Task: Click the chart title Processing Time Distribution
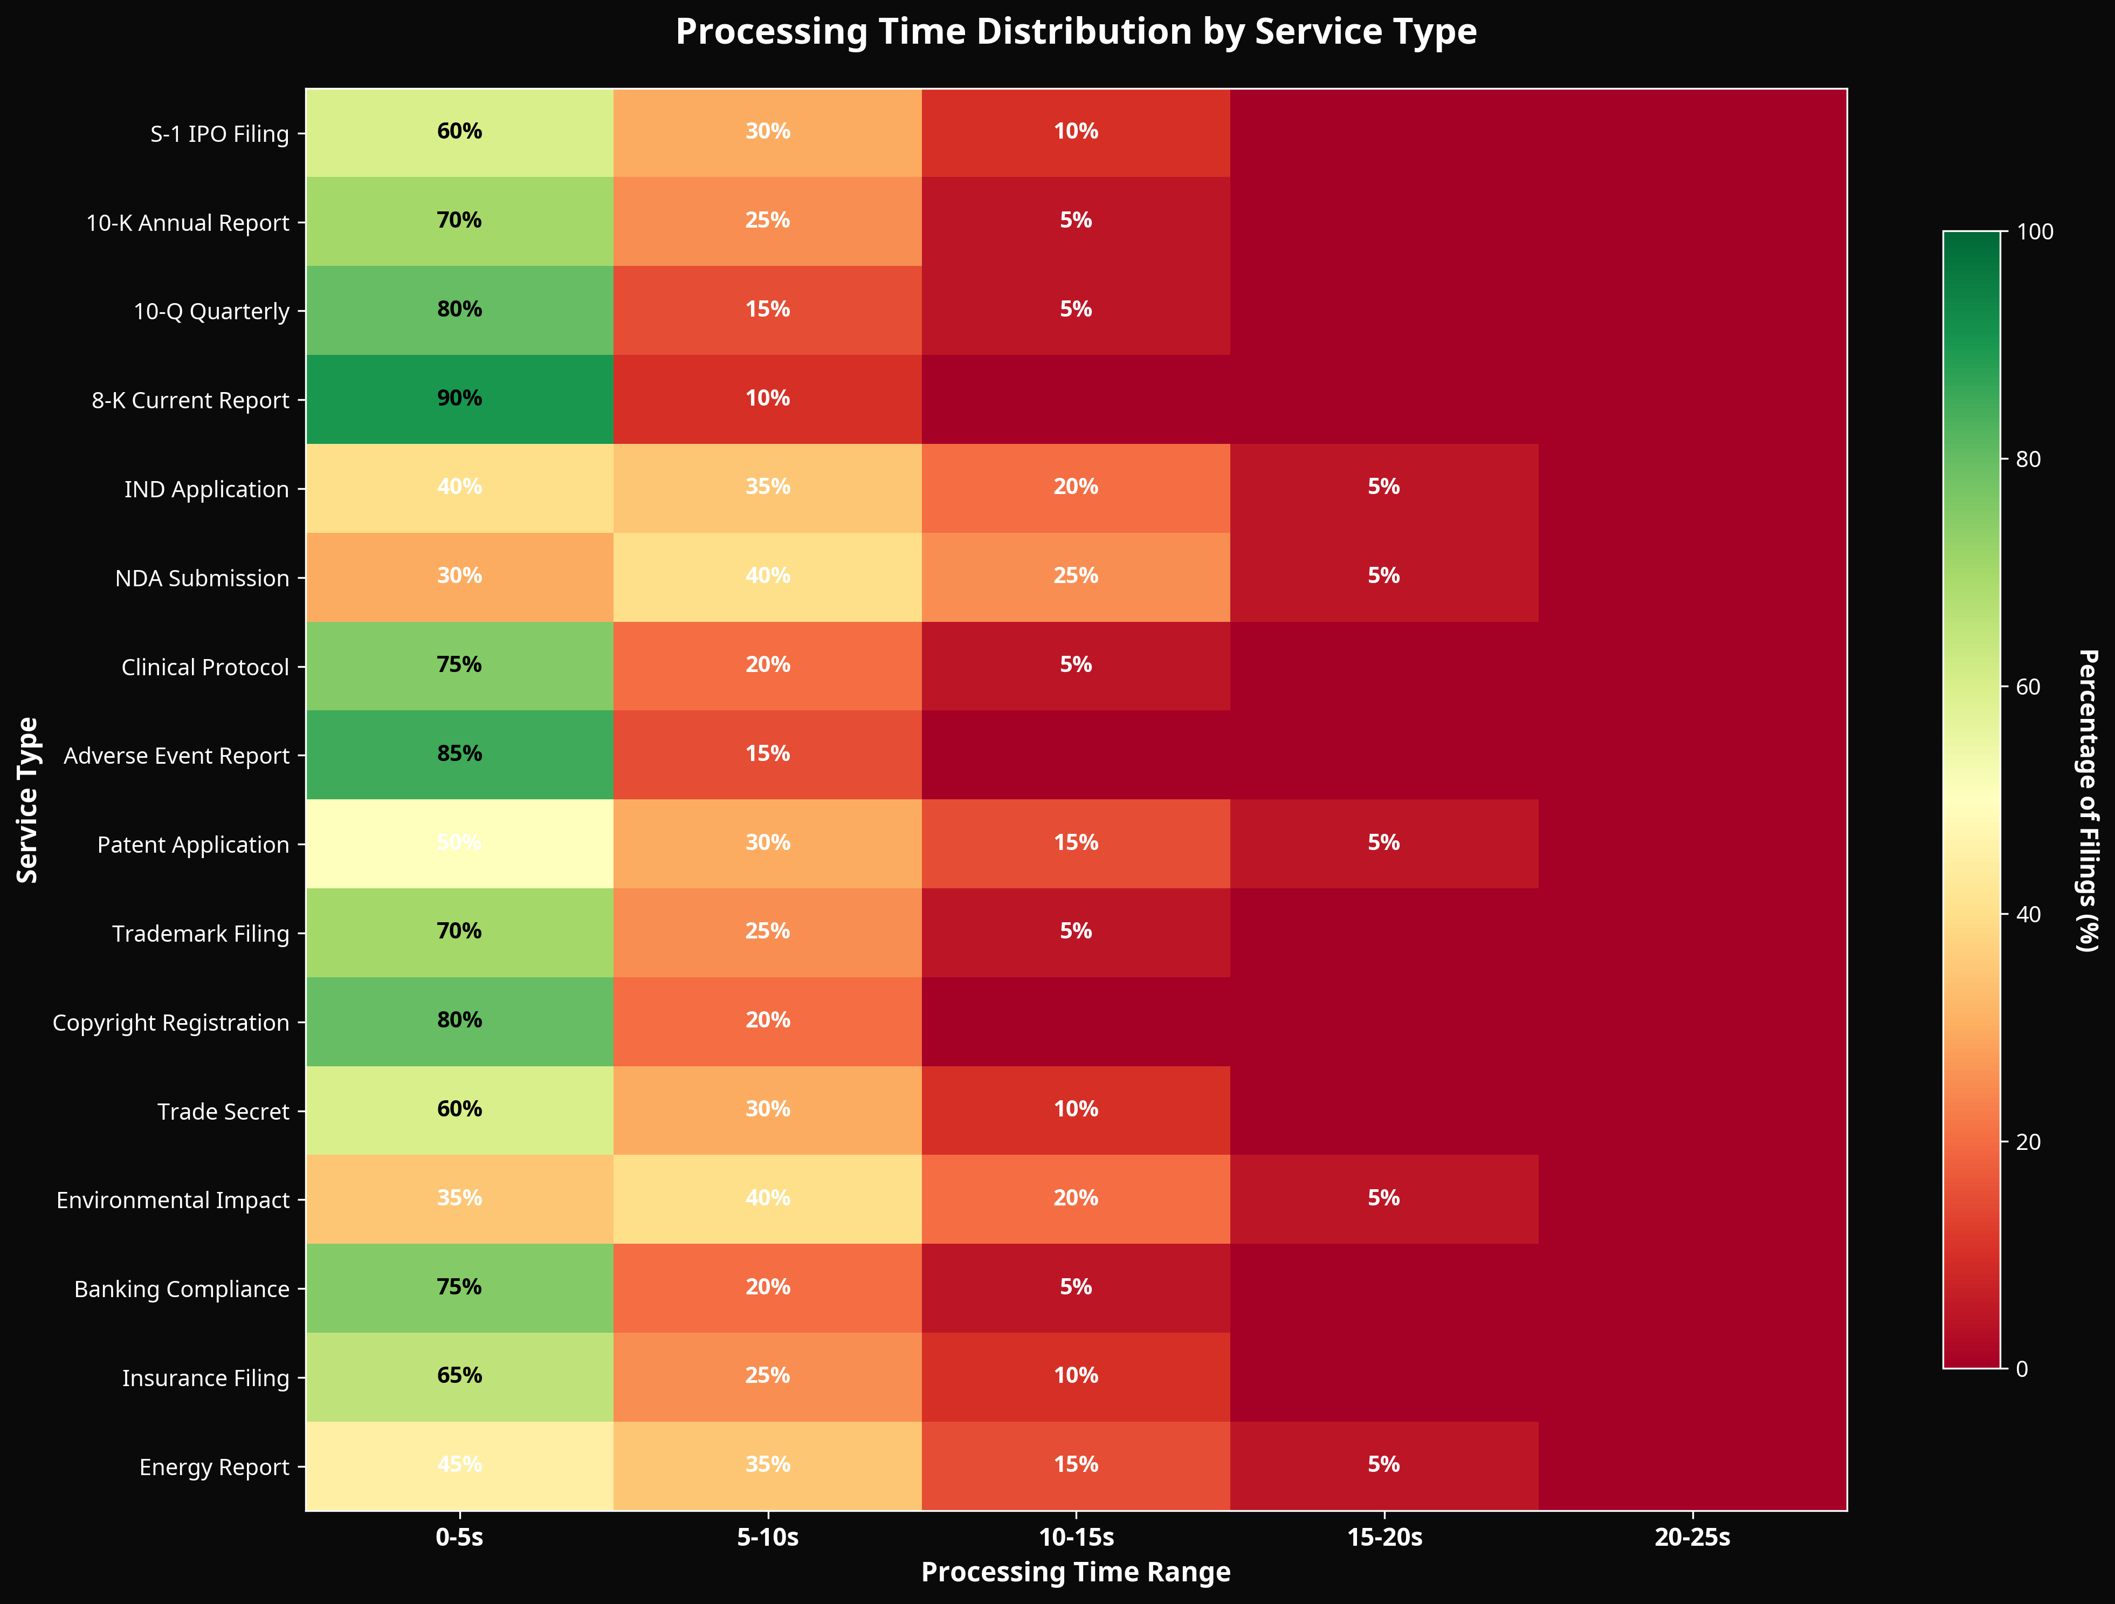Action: [x=1076, y=32]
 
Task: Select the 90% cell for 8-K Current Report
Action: [x=459, y=399]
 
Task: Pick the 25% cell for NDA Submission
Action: [x=1076, y=576]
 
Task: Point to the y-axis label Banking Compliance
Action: [x=182, y=1290]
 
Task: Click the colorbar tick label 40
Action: [x=2027, y=914]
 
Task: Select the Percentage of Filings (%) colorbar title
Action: [x=2088, y=800]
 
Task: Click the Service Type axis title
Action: [x=27, y=800]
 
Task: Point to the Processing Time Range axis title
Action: [x=1076, y=1572]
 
